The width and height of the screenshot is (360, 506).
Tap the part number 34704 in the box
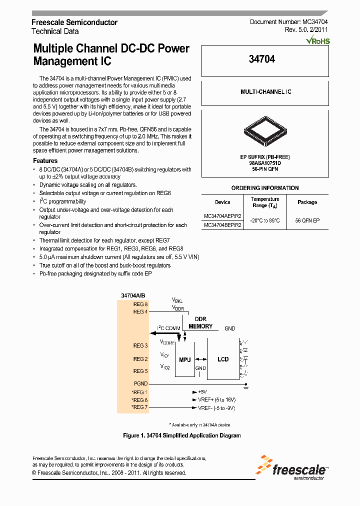point(262,59)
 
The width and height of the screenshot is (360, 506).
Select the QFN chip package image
point(265,131)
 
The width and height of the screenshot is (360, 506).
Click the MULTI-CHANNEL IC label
point(265,92)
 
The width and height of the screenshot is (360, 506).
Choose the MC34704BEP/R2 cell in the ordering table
point(222,225)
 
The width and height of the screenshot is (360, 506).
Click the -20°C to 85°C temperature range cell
point(264,220)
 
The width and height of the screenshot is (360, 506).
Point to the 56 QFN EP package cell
point(307,220)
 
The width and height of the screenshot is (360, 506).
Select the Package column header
point(307,202)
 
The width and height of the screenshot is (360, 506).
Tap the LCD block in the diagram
point(223,359)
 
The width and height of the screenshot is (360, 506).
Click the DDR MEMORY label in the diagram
point(200,323)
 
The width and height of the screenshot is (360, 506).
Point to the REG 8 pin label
point(140,304)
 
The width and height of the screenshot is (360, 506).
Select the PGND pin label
point(140,383)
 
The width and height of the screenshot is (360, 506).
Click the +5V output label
point(202,392)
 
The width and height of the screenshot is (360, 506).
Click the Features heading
point(45,161)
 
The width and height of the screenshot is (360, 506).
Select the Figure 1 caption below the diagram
point(182,435)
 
